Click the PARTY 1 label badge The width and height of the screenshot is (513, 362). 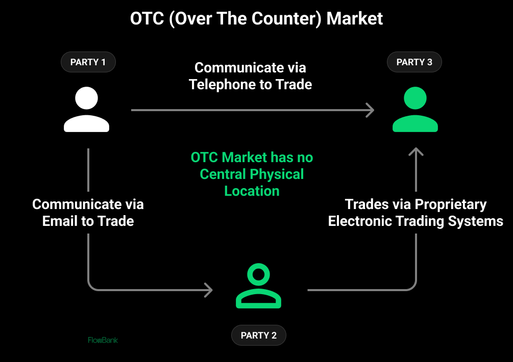(88, 62)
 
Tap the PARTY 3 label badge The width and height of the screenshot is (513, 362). (414, 62)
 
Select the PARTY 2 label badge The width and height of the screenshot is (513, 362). (258, 335)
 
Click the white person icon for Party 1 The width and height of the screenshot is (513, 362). (86, 110)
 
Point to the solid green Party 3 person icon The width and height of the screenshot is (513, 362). (415, 110)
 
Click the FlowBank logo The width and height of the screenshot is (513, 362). (103, 340)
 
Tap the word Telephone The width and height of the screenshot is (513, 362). (223, 84)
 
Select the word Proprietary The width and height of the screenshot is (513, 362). (451, 204)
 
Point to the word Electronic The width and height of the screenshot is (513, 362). (361, 221)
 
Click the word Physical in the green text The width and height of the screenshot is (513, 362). (279, 174)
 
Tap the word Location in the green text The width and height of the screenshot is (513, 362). (252, 191)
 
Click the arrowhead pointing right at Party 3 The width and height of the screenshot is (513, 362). (370, 110)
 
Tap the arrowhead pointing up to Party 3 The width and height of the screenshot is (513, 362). (416, 152)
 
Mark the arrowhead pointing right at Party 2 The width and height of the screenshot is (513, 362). (208, 290)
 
